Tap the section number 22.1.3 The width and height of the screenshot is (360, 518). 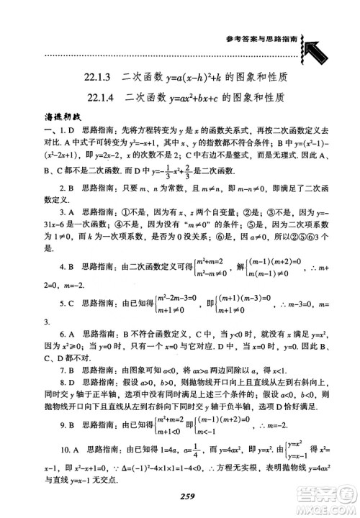tap(100, 76)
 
